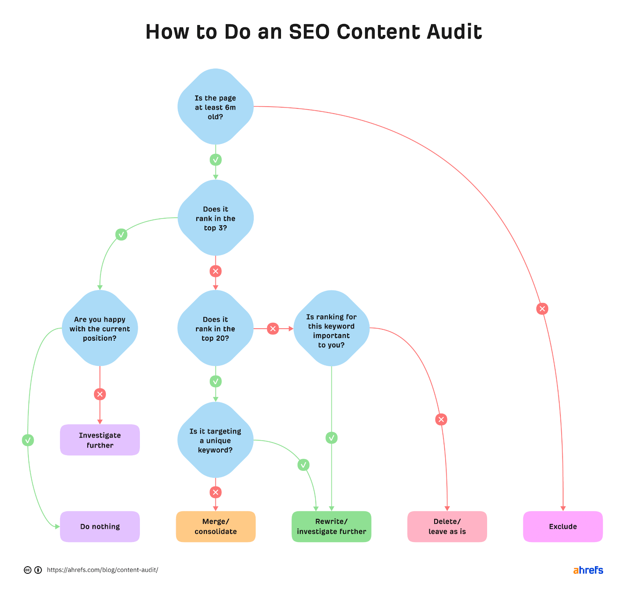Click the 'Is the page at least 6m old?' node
pyautogui.click(x=215, y=107)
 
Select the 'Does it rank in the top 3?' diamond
pyautogui.click(x=215, y=218)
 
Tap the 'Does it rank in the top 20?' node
pyautogui.click(x=215, y=329)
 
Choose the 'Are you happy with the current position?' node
pyautogui.click(x=100, y=329)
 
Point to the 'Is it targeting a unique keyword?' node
pyautogui.click(x=215, y=440)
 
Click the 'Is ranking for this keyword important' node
pyautogui.click(x=331, y=329)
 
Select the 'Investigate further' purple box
pyautogui.click(x=100, y=440)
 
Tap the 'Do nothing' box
pyautogui.click(x=100, y=526)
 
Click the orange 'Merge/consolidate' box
pyautogui.click(x=216, y=526)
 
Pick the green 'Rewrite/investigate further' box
pyautogui.click(x=331, y=526)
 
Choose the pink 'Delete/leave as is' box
pyautogui.click(x=447, y=526)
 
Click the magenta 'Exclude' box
pyautogui.click(x=563, y=526)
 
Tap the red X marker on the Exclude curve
pyautogui.click(x=542, y=309)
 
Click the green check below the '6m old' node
pyautogui.click(x=216, y=160)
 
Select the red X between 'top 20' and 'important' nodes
pyautogui.click(x=273, y=329)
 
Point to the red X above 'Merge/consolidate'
pyautogui.click(x=216, y=492)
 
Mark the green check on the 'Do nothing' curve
pyautogui.click(x=28, y=440)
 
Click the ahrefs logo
pyautogui.click(x=588, y=570)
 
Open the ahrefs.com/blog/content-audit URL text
pyautogui.click(x=102, y=570)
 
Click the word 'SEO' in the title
pyautogui.click(x=309, y=32)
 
